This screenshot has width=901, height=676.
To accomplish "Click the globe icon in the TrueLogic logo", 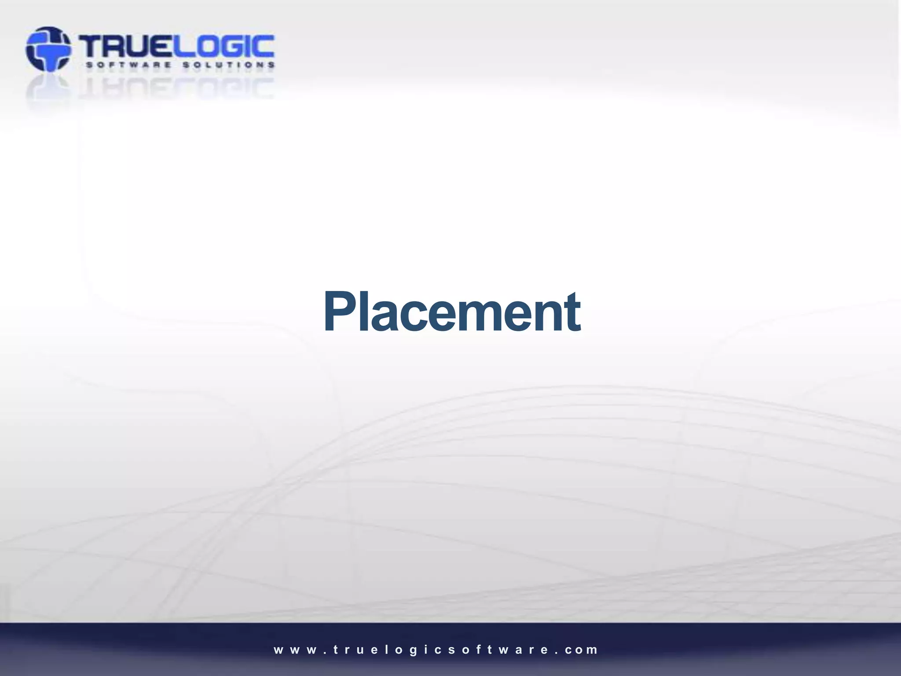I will point(48,49).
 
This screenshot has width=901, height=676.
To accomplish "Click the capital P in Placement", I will point(339,312).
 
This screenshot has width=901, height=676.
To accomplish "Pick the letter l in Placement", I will point(363,312).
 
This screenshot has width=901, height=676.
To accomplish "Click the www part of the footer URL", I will point(295,650).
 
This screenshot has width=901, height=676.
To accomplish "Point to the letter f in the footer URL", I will point(477,650).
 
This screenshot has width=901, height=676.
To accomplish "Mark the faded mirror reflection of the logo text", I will point(176,88).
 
